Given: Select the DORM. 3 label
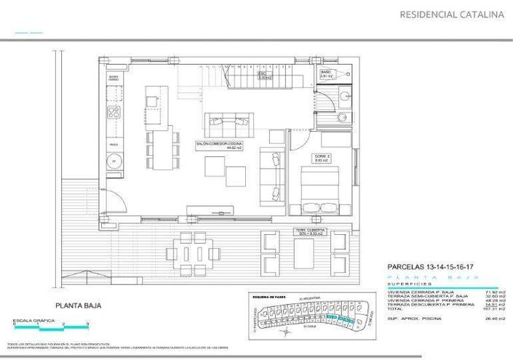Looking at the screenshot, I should pos(322,158).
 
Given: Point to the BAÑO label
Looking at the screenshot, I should pos(327,74).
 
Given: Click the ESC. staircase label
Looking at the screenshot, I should pos(266,75).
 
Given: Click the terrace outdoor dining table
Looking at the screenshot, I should pos(194,253).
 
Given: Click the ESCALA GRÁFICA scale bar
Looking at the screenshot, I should pos(51,321).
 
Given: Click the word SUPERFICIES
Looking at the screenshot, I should pos(411,284).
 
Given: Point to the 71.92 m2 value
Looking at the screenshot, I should pos(496,291).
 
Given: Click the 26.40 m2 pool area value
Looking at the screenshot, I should pos(496,318).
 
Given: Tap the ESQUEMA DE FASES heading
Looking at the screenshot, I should pos(270,297).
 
